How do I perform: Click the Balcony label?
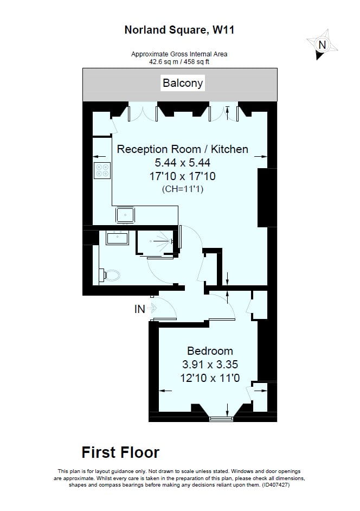point(183,83)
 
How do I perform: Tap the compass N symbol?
point(322,44)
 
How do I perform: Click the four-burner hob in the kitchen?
point(102,170)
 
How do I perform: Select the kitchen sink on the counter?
point(125,215)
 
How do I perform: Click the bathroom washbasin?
point(117,238)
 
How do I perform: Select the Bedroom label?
point(210,350)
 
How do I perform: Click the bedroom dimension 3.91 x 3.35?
point(210,364)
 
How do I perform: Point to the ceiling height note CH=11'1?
point(183,189)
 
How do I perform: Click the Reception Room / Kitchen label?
point(183,149)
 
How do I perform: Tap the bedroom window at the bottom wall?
point(221,419)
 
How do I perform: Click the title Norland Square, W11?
point(179,30)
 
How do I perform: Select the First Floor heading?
point(120,452)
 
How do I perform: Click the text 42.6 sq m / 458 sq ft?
point(179,62)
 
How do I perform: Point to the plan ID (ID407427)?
point(275,484)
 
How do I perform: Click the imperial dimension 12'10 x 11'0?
point(210,378)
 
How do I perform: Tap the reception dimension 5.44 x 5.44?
point(183,162)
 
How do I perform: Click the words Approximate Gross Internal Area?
point(179,54)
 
